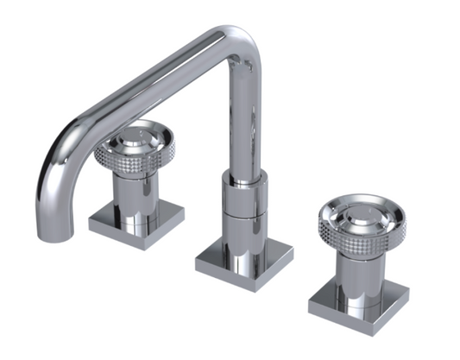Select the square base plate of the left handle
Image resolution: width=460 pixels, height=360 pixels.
(x=135, y=222)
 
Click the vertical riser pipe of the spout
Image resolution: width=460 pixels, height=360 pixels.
(x=244, y=121)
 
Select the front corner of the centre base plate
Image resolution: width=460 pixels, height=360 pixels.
(x=231, y=277)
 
